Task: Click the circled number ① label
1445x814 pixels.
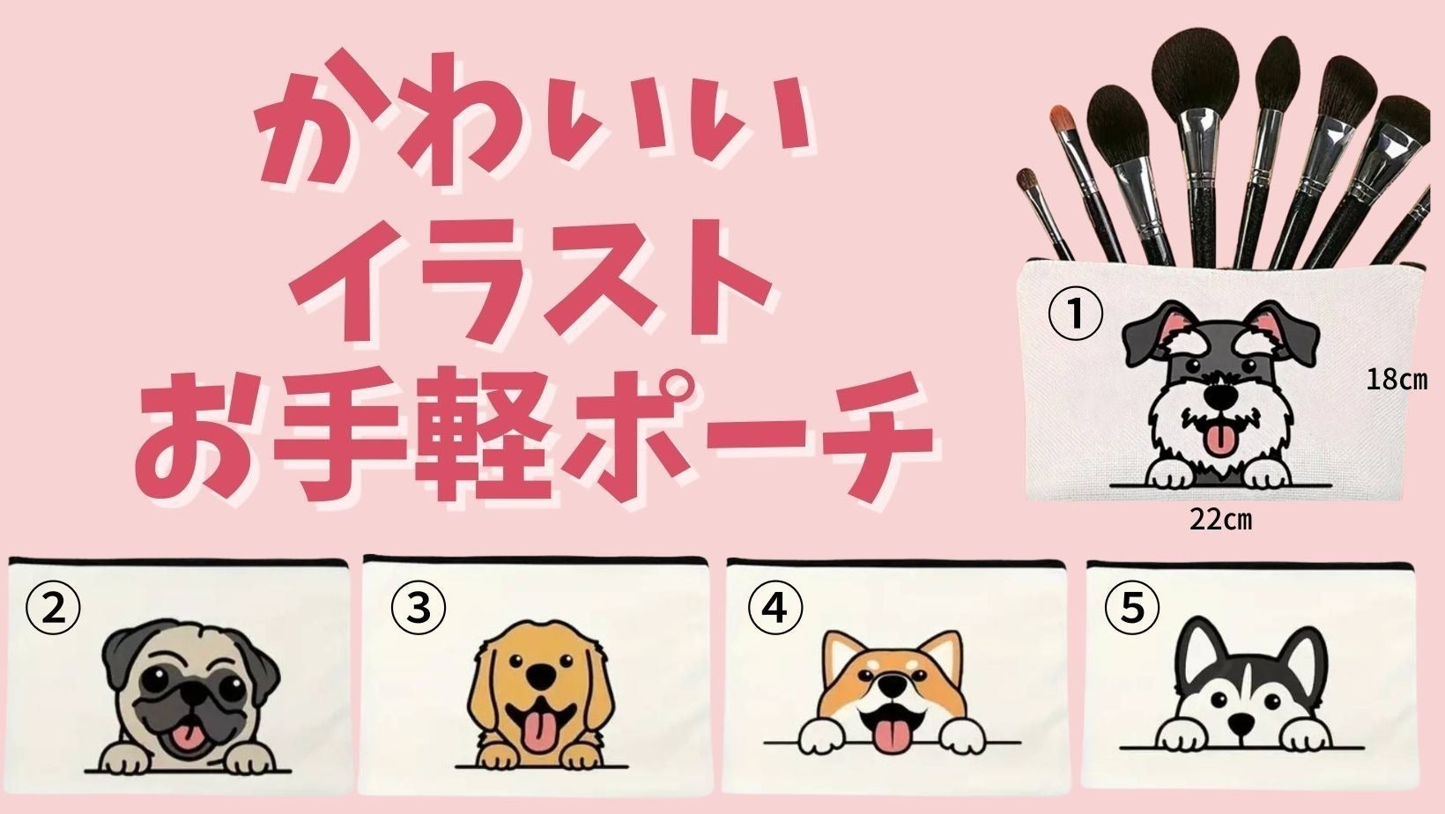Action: [1075, 315]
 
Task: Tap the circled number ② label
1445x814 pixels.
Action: [53, 608]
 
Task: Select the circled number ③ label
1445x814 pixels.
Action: [418, 608]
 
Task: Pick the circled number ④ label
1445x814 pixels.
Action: [775, 608]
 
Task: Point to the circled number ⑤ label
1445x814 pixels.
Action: [1132, 608]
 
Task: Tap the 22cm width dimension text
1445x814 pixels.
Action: [1220, 520]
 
